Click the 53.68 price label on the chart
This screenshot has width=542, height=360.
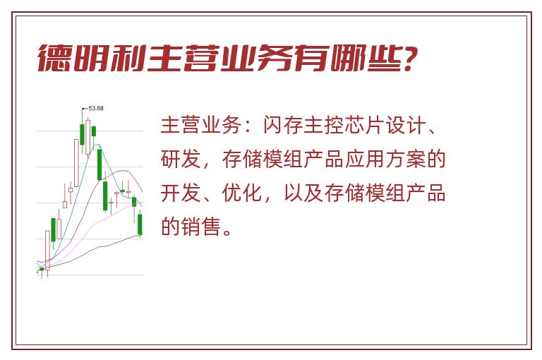96,108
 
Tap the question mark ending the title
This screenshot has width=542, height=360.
410,58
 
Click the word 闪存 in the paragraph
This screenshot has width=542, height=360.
273,125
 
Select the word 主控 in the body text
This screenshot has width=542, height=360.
314,125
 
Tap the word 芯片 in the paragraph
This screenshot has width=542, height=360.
355,125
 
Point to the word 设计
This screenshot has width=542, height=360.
396,125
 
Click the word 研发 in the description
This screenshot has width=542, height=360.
181,159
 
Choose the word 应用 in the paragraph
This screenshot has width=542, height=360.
355,159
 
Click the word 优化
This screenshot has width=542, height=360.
242,193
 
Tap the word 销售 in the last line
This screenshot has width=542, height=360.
202,227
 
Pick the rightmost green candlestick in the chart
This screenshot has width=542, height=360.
140,224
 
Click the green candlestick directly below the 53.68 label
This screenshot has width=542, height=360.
82,134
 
